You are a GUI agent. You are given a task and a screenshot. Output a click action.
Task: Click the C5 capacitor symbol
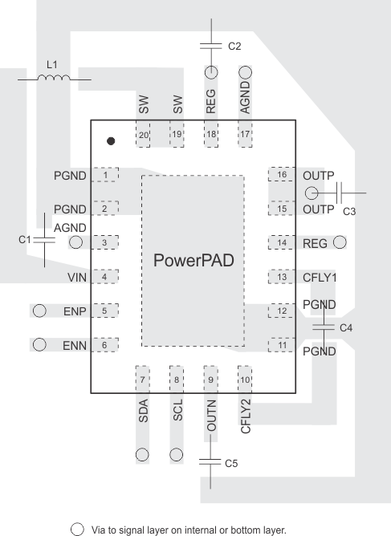(211, 462)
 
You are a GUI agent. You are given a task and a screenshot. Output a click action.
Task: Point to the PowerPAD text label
(193, 262)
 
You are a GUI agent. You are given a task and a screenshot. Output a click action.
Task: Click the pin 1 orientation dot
(111, 141)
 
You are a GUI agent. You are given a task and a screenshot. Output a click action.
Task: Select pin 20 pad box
(144, 136)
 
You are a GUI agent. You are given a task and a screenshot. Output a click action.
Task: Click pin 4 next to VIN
(104, 277)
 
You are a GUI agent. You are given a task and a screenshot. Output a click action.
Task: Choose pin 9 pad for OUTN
(211, 378)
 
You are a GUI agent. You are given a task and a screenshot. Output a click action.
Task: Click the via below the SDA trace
(142, 453)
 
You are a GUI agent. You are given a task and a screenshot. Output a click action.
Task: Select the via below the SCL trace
(177, 453)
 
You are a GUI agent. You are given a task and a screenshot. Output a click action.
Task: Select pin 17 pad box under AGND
(245, 136)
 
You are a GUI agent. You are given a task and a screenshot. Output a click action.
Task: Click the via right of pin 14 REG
(340, 241)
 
